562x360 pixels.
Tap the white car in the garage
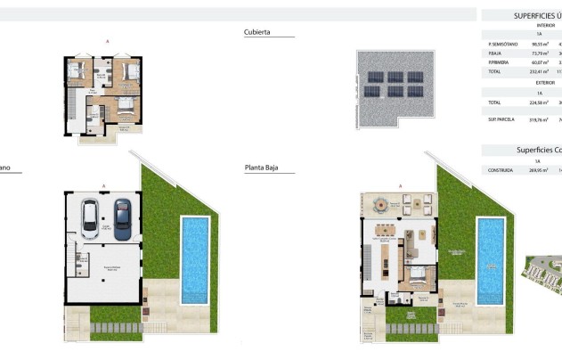[x=92, y=217]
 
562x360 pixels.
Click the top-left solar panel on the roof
[x=368, y=76]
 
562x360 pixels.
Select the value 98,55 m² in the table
[x=539, y=44]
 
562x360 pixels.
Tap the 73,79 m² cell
[x=539, y=53]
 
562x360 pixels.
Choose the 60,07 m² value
[x=539, y=62]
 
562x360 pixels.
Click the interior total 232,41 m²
[x=539, y=72]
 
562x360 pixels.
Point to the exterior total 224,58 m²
[x=539, y=102]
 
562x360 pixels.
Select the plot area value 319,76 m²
[x=539, y=119]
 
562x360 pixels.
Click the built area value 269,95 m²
[x=539, y=169]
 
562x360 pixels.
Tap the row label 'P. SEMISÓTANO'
[x=501, y=44]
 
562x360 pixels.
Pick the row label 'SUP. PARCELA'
[x=501, y=119]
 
